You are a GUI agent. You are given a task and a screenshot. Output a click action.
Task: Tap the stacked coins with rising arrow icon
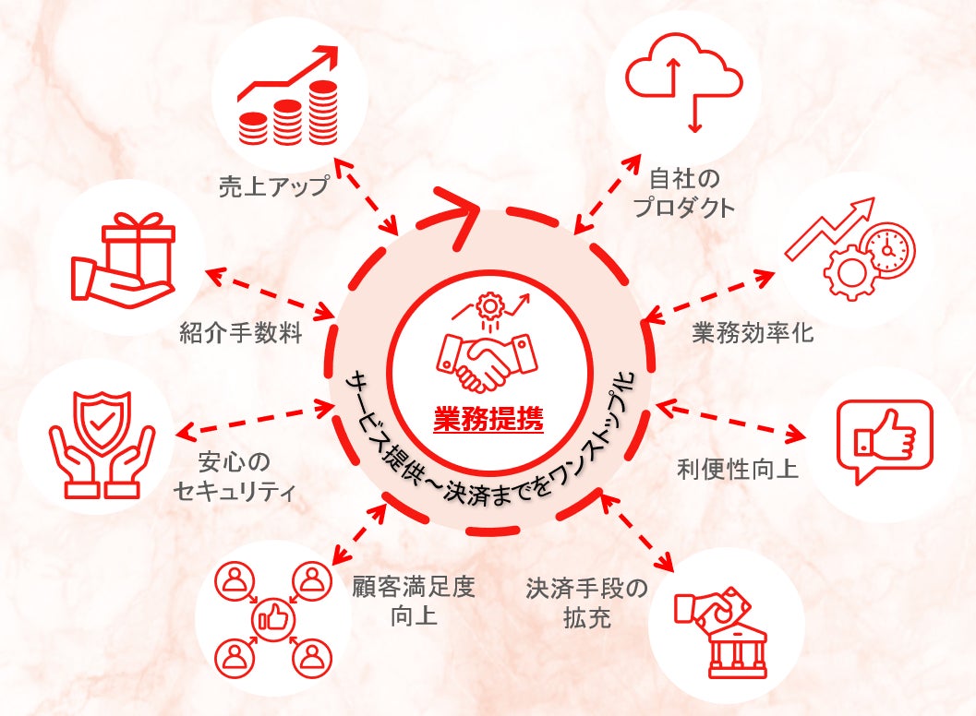(289, 97)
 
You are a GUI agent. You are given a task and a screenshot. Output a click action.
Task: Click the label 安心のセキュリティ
(235, 475)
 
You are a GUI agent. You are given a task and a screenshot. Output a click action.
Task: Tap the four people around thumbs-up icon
(273, 617)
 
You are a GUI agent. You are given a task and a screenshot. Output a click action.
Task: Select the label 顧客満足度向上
(413, 601)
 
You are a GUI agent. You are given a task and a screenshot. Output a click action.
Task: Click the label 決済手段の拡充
(587, 602)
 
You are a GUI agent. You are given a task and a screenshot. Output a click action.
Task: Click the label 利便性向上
(738, 469)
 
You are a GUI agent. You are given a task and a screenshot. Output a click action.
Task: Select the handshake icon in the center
(488, 351)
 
